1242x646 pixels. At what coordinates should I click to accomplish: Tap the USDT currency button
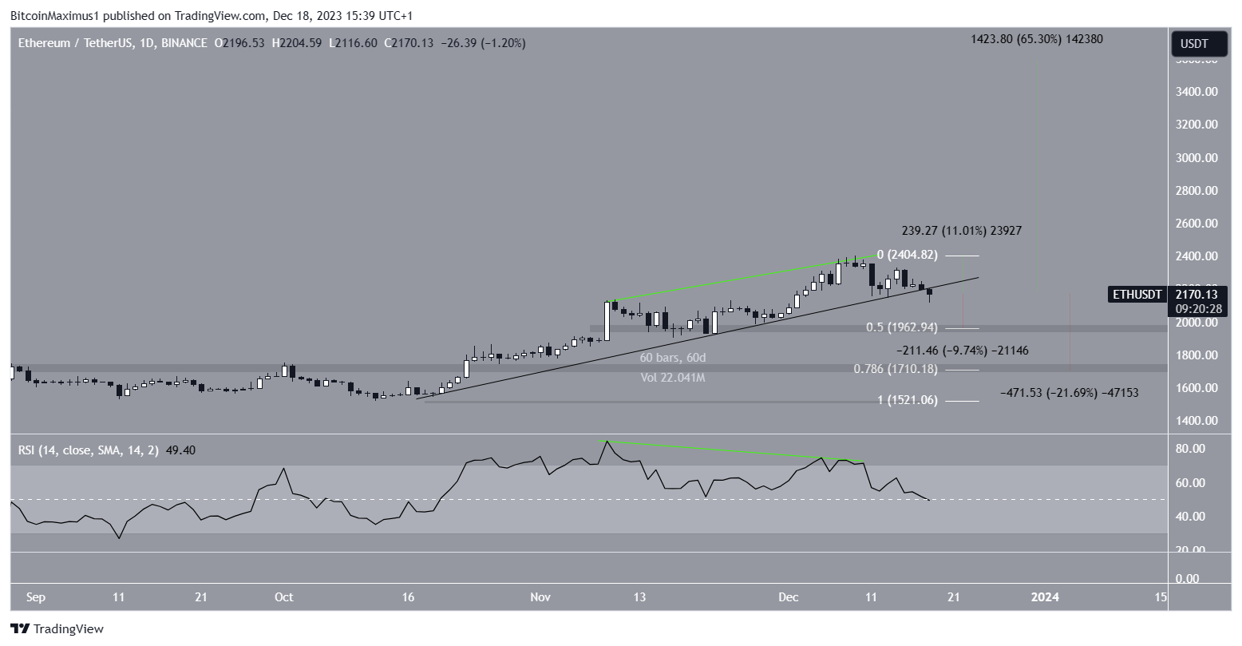point(1198,43)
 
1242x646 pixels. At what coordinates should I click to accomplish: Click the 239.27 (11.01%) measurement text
point(961,231)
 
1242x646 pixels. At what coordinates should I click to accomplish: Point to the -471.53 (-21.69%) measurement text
point(1070,393)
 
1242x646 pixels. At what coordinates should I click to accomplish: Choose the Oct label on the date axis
point(283,596)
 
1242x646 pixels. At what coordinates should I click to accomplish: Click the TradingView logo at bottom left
point(57,629)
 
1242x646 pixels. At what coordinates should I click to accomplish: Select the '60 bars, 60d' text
point(672,358)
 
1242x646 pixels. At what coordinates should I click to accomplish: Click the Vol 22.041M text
point(672,378)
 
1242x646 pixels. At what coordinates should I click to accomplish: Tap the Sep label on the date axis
point(34,596)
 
